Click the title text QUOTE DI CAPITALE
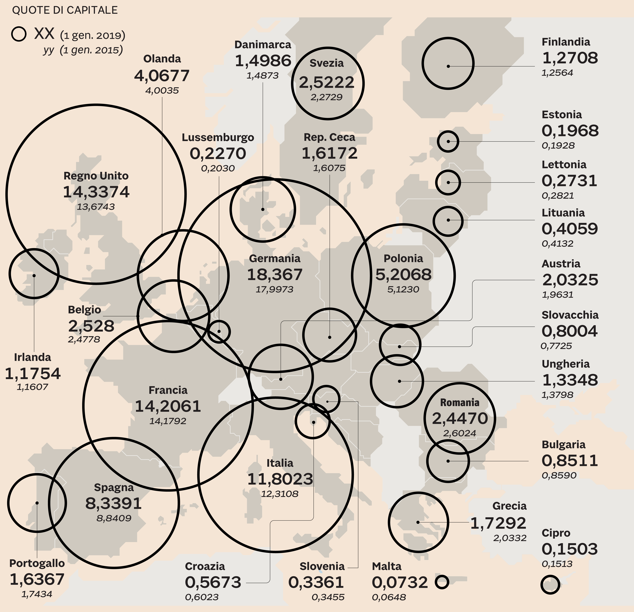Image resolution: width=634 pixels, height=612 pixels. coord(65,10)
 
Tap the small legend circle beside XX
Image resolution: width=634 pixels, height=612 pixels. coord(19,34)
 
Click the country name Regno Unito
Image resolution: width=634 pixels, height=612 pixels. coord(96,176)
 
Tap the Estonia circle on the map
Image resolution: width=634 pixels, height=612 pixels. coord(448,141)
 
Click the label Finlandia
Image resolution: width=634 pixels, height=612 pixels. coord(566,42)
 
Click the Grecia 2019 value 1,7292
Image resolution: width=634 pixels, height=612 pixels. coord(498,523)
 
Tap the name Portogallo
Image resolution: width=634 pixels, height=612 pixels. coord(37,563)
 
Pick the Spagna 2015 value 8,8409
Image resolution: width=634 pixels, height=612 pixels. coord(114,518)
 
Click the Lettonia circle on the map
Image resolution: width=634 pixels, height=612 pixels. coord(448,182)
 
